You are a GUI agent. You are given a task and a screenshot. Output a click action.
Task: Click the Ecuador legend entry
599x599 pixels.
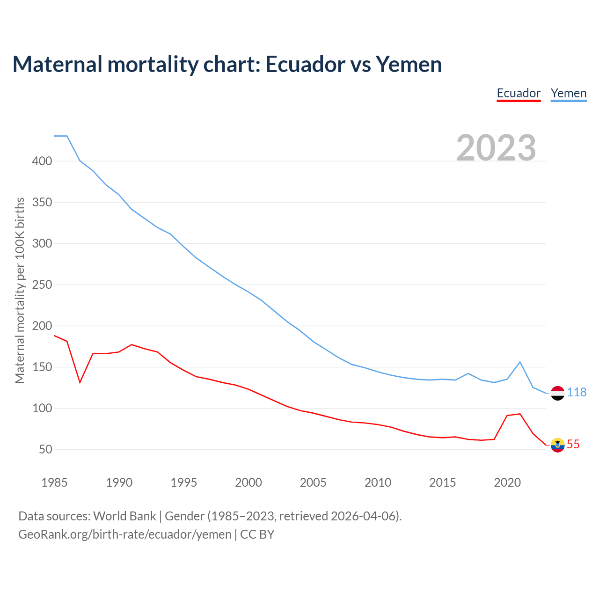tap(519, 93)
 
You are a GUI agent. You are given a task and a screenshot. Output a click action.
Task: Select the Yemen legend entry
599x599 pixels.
tap(569, 93)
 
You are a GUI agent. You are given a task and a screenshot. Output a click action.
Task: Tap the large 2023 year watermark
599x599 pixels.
tap(496, 147)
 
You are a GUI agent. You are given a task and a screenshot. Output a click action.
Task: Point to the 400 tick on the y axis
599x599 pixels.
tap(42, 161)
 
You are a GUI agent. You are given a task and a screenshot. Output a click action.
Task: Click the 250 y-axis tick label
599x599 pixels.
tap(42, 285)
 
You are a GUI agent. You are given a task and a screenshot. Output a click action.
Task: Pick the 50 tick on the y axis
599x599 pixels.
tap(45, 449)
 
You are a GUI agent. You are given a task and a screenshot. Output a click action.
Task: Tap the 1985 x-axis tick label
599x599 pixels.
tap(54, 482)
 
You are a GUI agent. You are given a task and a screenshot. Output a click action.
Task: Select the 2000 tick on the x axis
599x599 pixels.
tap(248, 482)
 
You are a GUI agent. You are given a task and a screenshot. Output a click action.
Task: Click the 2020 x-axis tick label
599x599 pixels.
tap(507, 482)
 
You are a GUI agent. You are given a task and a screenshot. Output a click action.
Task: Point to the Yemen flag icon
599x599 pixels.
tap(557, 393)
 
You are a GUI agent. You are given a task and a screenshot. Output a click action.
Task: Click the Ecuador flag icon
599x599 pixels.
tap(557, 445)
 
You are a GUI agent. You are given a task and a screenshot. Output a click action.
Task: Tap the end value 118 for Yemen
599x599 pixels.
tap(577, 393)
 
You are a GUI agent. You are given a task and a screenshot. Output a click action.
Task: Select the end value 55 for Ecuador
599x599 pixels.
tap(573, 445)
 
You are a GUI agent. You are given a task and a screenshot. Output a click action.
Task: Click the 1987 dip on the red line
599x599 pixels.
tap(80, 382)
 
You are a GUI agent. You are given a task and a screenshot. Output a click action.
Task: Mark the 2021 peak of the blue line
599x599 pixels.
tap(520, 362)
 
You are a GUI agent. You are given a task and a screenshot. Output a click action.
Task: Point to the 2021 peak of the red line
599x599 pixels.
tap(520, 414)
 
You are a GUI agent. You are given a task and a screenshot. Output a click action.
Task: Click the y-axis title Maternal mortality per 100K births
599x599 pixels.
tap(20, 290)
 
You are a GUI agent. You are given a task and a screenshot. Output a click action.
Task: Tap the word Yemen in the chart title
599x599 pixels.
tap(409, 64)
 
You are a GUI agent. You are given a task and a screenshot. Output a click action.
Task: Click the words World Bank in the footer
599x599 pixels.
tap(124, 516)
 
